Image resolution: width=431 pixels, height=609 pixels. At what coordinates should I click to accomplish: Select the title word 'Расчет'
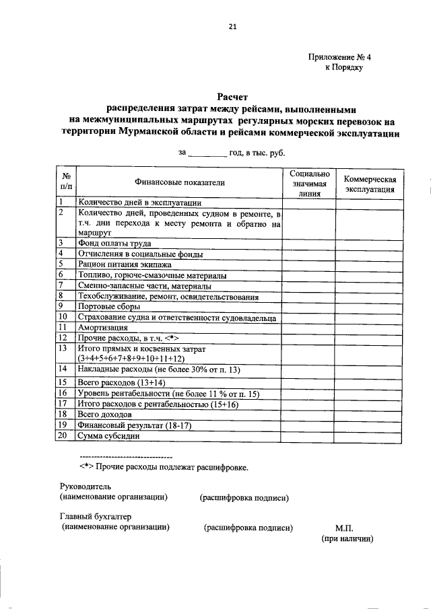[232, 98]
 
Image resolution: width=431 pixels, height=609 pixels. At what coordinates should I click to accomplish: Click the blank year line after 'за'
[207, 155]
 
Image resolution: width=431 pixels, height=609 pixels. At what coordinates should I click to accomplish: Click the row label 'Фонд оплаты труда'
[114, 243]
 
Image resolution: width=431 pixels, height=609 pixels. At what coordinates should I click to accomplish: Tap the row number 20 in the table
[62, 435]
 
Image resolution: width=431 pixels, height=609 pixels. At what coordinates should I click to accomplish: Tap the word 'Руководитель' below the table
[86, 487]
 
